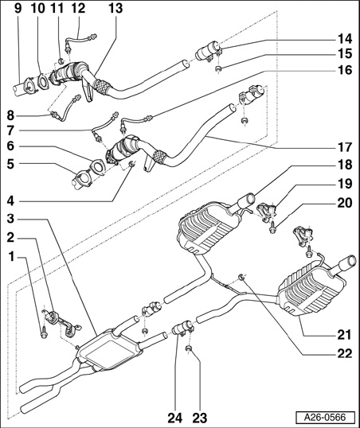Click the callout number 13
(115, 8)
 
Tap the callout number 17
(345, 147)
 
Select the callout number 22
(345, 353)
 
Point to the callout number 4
(10, 201)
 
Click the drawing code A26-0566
(325, 418)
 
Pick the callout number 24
(174, 418)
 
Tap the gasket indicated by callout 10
(42, 81)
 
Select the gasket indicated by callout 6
(97, 167)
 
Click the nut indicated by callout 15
(218, 68)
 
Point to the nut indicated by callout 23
(188, 348)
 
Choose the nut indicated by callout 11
(61, 60)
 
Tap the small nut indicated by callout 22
(241, 277)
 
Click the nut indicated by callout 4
(131, 164)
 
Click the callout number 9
(17, 8)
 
